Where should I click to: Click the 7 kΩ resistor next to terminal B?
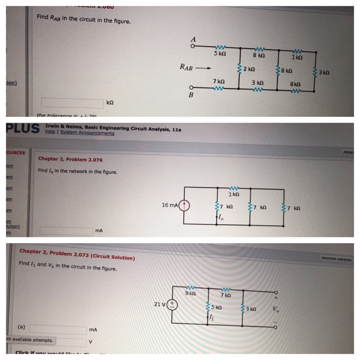[x=219, y=87]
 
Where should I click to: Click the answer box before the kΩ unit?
[x=72, y=102]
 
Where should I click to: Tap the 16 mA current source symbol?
[x=184, y=206]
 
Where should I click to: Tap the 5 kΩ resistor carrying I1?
[x=208, y=308]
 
